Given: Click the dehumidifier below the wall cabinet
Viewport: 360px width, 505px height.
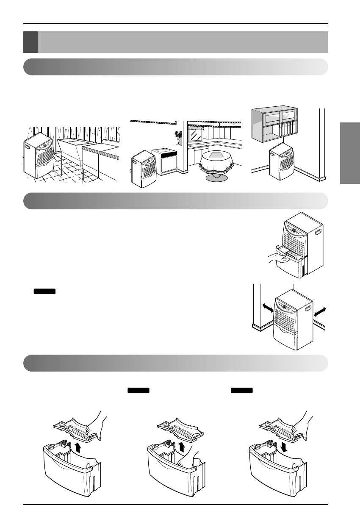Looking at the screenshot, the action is click(x=280, y=163).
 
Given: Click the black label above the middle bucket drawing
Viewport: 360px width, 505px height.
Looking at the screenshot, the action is click(x=138, y=390).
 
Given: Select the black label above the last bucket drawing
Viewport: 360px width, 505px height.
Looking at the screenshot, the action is click(x=242, y=390).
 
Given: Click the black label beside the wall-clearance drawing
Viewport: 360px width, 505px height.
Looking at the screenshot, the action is click(x=44, y=292).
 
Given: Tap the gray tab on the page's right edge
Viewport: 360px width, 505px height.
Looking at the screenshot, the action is click(x=349, y=153).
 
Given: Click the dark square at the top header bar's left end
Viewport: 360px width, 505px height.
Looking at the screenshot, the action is click(x=30, y=42).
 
